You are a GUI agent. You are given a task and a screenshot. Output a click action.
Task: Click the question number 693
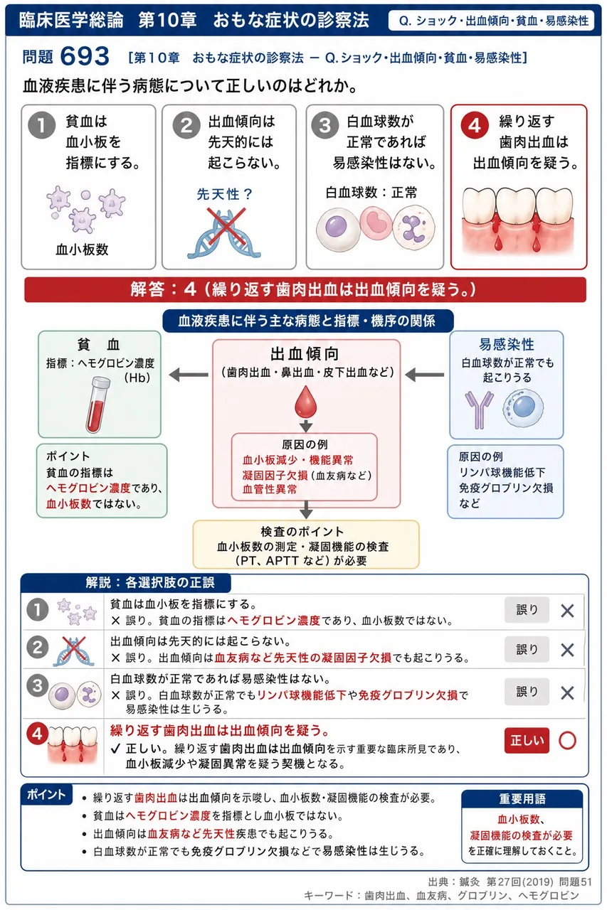pos(85,55)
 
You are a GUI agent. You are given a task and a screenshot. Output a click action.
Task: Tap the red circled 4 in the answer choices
pos(475,126)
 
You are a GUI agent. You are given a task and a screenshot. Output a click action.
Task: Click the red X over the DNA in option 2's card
pos(226,226)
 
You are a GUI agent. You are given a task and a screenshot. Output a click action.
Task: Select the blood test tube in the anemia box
pos(98,405)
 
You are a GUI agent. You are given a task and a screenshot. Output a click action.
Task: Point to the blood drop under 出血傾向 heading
pos(305,402)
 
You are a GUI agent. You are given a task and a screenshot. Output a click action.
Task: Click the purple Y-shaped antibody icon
pos(480,409)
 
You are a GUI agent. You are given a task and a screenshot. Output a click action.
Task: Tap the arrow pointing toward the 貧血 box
pos(189,375)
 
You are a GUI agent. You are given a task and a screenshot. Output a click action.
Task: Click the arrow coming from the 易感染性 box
pos(424,375)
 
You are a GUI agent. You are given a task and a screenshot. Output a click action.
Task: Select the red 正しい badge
pos(527,740)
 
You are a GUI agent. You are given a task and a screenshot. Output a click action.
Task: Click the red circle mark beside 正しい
pos(568,740)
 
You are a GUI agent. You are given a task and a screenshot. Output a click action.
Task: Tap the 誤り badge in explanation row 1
pos(527,609)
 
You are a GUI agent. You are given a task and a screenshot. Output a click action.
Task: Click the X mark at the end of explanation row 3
pos(567,692)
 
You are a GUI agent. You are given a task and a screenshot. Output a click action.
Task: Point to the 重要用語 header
pos(522,799)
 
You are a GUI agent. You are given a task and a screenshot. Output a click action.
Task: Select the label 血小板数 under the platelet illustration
pos(82,250)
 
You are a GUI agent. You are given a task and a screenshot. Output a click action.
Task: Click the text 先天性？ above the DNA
pos(225,194)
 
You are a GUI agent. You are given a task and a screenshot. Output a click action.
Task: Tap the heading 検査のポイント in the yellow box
pos(302,531)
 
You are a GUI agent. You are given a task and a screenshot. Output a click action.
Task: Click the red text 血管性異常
pos(270,489)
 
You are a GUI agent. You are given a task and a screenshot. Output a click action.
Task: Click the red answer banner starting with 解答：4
pos(305,289)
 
